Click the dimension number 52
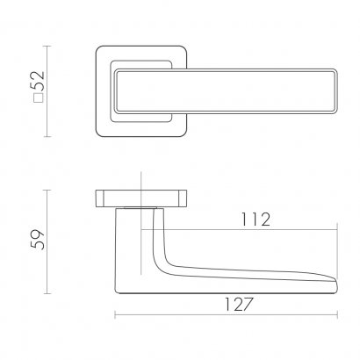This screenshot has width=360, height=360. tap(38, 81)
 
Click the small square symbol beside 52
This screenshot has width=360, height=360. tap(39, 98)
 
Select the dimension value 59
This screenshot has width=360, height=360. tap(38, 240)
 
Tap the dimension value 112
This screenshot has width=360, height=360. tap(256, 220)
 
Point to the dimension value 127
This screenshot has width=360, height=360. tap(238, 305)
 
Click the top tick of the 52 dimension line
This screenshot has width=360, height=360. tap(47, 46)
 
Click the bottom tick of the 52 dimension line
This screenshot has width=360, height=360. tap(47, 136)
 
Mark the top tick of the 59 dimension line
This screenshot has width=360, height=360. tap(47, 190)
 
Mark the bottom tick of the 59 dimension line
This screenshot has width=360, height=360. tap(47, 293)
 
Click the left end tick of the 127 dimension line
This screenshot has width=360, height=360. tap(115, 315)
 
